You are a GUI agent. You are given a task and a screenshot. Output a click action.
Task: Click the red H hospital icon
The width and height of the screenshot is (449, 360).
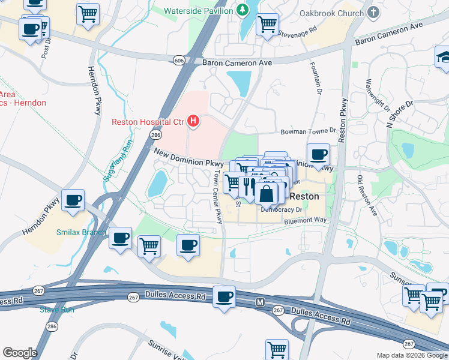click(193, 122)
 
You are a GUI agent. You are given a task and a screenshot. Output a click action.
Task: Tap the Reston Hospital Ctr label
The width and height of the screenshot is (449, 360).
click(147, 122)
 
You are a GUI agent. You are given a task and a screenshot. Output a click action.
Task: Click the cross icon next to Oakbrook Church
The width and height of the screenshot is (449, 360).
click(373, 13)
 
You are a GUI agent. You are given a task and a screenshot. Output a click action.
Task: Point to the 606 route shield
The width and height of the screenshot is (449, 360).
click(179, 60)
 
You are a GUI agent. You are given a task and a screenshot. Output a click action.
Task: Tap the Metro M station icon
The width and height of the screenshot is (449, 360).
click(260, 301)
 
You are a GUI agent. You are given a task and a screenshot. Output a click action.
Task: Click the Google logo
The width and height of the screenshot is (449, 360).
click(20, 352)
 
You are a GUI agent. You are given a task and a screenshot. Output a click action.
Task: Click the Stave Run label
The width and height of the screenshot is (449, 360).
click(56, 310)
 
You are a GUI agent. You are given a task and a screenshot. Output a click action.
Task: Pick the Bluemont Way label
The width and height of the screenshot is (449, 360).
click(306, 221)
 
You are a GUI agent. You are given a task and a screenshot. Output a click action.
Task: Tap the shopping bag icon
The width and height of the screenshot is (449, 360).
click(266, 193)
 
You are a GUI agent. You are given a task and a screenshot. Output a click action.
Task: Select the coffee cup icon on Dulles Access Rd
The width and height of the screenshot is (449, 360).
click(225, 296)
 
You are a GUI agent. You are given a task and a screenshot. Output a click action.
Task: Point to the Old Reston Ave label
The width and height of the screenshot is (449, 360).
click(366, 196)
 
